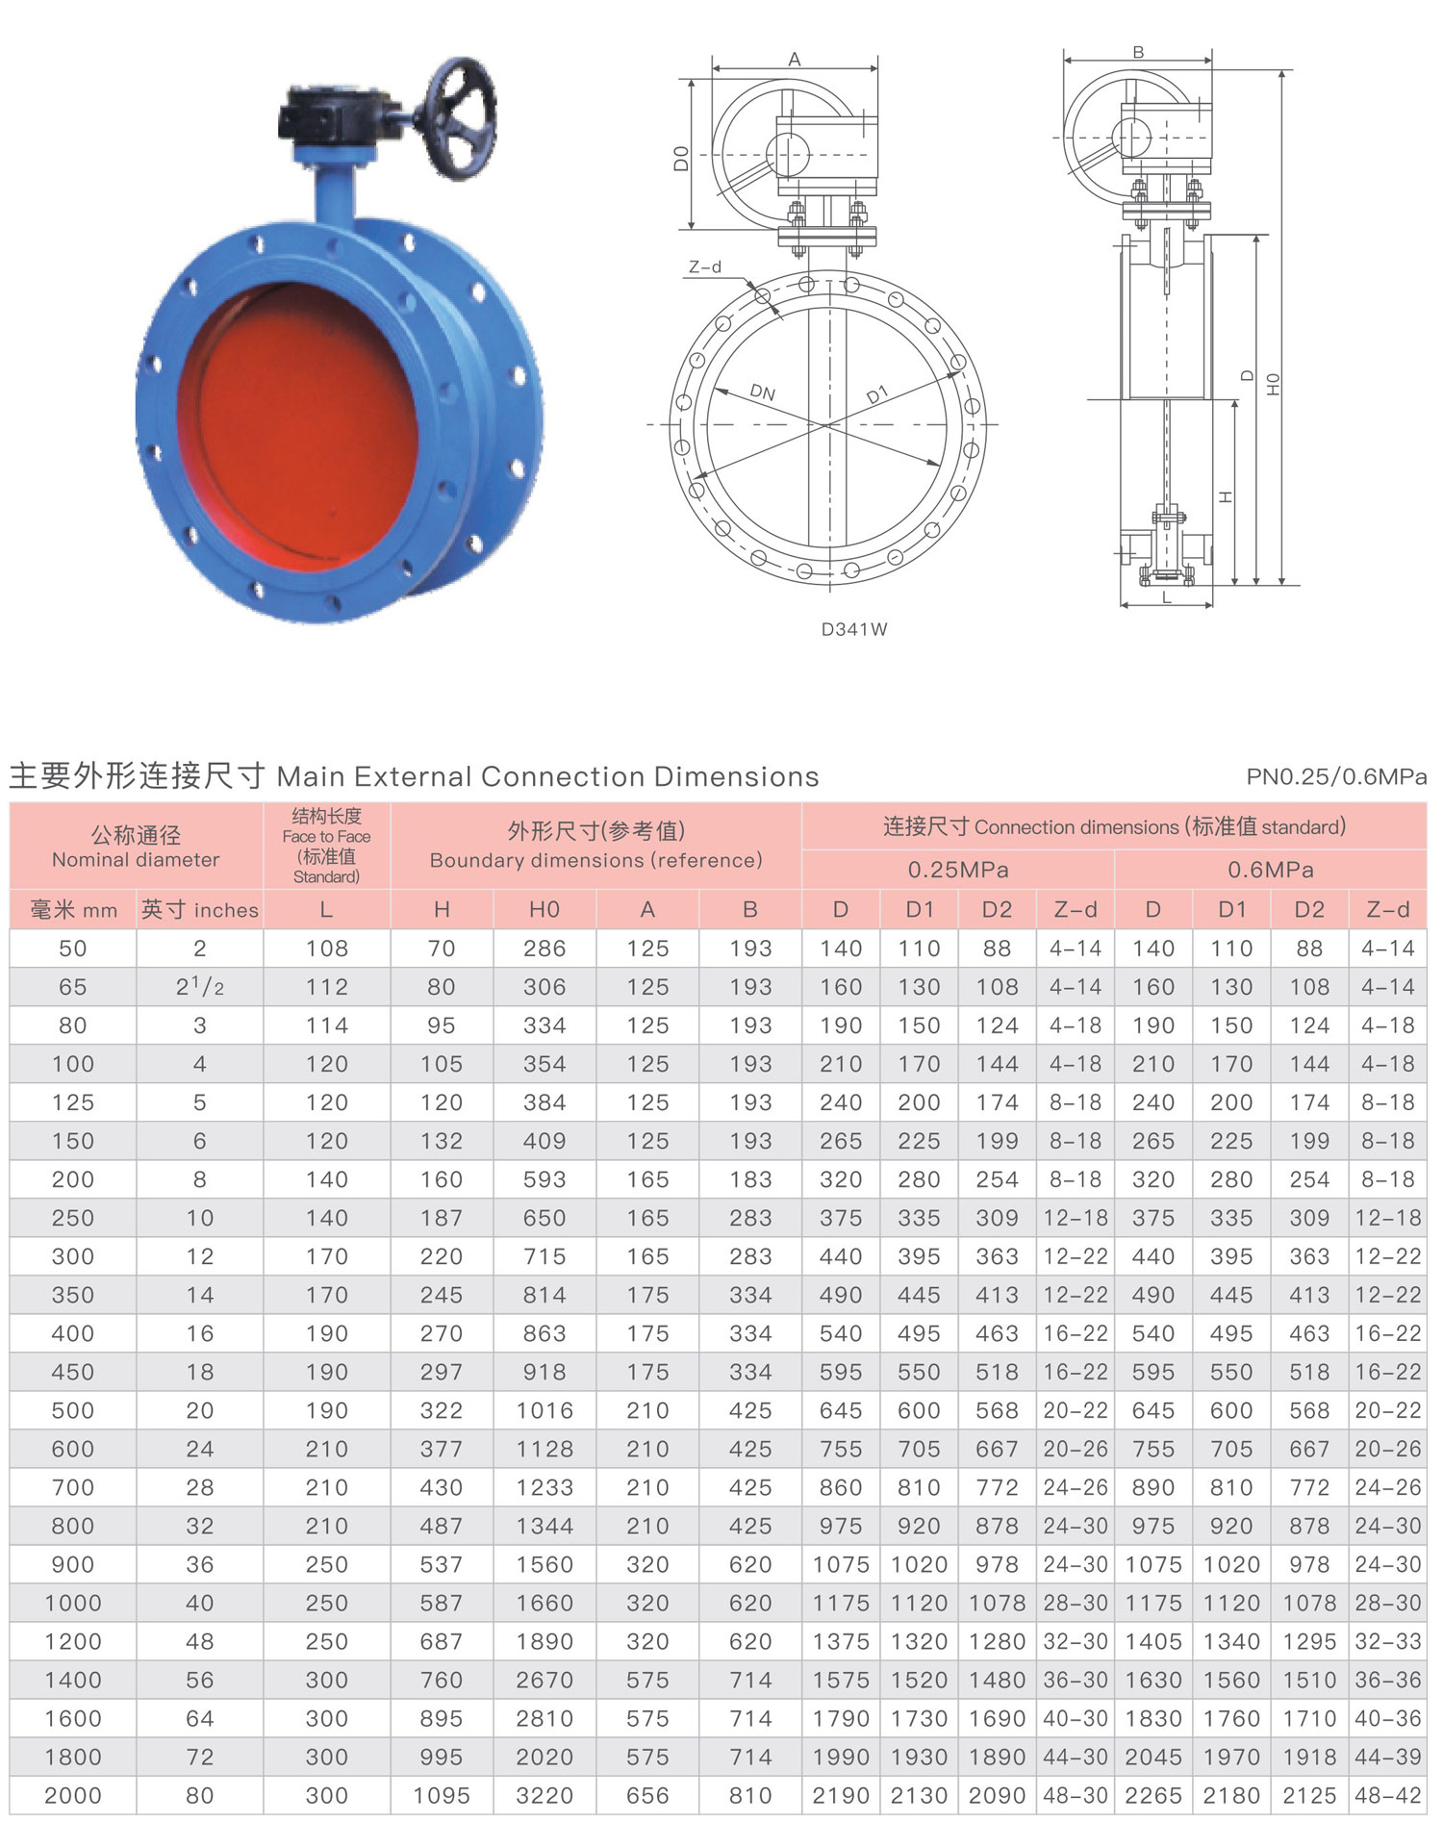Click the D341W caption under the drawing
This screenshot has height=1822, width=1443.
coord(854,629)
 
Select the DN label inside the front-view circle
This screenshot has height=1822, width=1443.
coord(762,392)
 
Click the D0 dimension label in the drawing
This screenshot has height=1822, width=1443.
coord(681,158)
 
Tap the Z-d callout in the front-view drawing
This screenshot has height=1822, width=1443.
coord(705,266)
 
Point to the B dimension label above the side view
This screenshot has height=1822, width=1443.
coord(1138,52)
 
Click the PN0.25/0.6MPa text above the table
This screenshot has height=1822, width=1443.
coord(1336,776)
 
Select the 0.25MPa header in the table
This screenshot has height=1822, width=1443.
coord(958,870)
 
